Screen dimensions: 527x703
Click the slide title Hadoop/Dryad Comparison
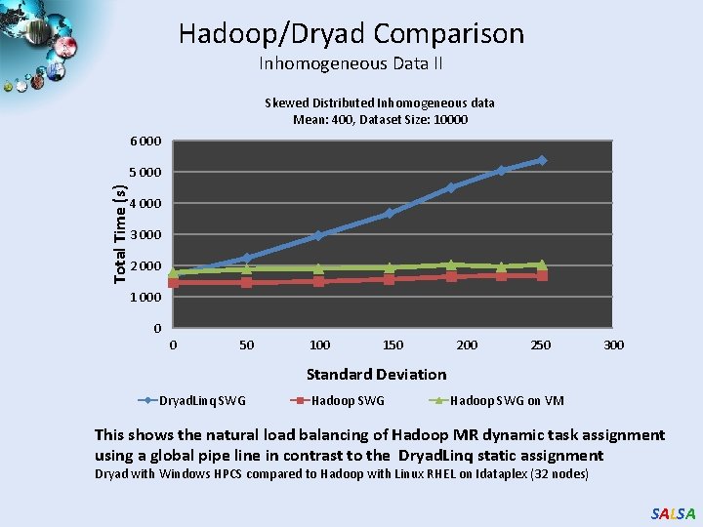coord(351,34)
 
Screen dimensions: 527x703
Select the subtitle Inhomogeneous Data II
coord(351,64)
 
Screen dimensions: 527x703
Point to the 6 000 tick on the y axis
coord(146,142)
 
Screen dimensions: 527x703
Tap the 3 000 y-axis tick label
coord(146,235)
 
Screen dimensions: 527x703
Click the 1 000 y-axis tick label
coord(146,298)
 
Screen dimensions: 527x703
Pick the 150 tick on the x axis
coord(393,345)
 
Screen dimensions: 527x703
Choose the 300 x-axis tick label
coord(613,345)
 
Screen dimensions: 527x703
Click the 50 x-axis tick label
coord(246,345)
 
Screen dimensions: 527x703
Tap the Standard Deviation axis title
coord(376,374)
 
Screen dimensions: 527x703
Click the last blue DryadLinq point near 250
coord(542,160)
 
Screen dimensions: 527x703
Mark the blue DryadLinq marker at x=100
coord(319,235)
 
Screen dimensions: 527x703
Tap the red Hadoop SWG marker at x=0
coord(174,282)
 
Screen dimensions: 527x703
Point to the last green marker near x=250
coord(542,264)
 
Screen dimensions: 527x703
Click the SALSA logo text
coord(673,513)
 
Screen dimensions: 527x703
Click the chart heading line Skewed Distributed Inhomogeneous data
coord(380,102)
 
